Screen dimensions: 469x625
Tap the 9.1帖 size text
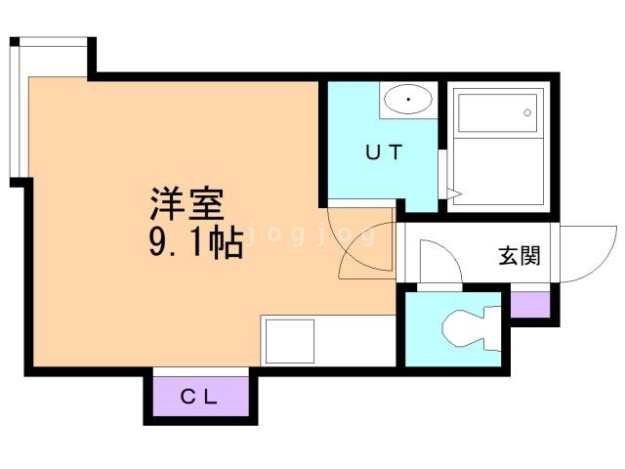point(195,243)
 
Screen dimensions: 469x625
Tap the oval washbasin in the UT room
point(408,100)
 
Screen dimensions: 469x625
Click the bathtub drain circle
point(527,112)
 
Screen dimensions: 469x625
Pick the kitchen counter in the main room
point(326,339)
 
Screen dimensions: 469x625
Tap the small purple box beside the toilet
point(530,304)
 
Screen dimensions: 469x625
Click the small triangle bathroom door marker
point(452,195)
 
